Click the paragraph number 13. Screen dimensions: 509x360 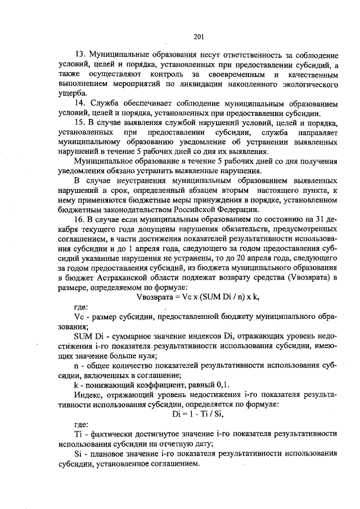80,56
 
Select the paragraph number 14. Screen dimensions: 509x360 79,104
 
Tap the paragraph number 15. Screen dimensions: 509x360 79,122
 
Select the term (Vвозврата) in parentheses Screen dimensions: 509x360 309,278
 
